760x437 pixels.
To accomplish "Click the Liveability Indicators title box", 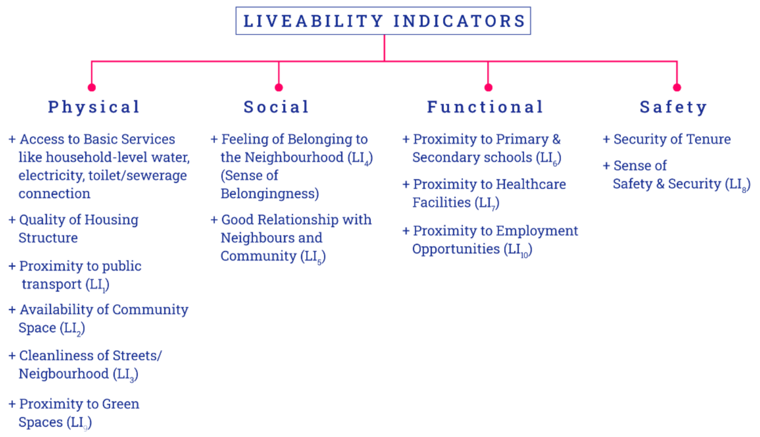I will pyautogui.click(x=383, y=21).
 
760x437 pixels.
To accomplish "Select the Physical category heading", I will pyautogui.click(x=94, y=107).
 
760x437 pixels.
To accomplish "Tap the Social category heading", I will pyautogui.click(x=276, y=107).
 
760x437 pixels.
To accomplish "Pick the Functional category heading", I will pyautogui.click(x=485, y=107).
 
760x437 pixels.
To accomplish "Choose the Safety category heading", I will pyautogui.click(x=673, y=107).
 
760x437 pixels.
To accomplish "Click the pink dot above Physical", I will pyautogui.click(x=92, y=87).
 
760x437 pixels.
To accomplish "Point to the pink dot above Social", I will pyautogui.click(x=279, y=87).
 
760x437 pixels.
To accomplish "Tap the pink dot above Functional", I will pyautogui.click(x=488, y=87).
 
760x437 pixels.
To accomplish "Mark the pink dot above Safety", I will pyautogui.click(x=677, y=87).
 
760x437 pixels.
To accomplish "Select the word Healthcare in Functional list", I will pyautogui.click(x=530, y=185).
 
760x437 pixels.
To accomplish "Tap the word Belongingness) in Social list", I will pyautogui.click(x=270, y=194).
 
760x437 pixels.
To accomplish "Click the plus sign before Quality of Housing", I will pyautogui.click(x=12, y=220).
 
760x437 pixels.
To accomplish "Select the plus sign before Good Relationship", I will pyautogui.click(x=214, y=220).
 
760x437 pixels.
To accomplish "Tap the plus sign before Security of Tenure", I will pyautogui.click(x=606, y=139).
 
